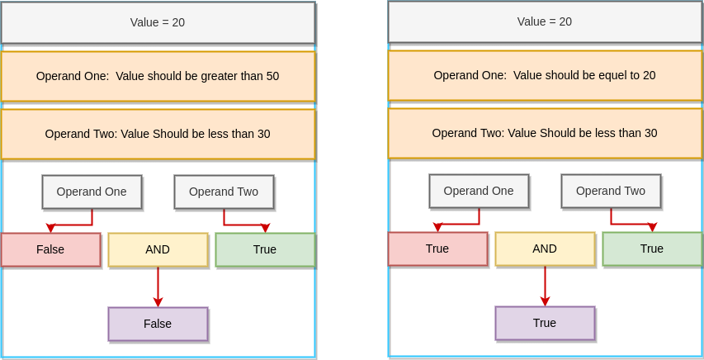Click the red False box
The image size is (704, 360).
(50, 249)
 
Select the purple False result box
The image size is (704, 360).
(158, 324)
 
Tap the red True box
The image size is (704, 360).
(437, 249)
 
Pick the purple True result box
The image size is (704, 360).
(545, 323)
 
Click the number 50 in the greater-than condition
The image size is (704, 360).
(272, 76)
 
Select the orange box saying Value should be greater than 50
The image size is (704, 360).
(158, 76)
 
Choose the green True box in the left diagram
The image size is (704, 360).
(265, 249)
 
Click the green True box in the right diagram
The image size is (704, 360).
(652, 249)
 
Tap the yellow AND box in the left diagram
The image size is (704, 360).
(158, 249)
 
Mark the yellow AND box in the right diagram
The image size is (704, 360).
(545, 249)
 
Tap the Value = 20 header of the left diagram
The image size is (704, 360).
(158, 22)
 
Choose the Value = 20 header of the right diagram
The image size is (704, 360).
(545, 21)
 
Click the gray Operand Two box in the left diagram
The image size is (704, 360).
(224, 192)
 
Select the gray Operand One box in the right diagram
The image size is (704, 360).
(479, 191)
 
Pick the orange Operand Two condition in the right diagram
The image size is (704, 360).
(545, 133)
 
